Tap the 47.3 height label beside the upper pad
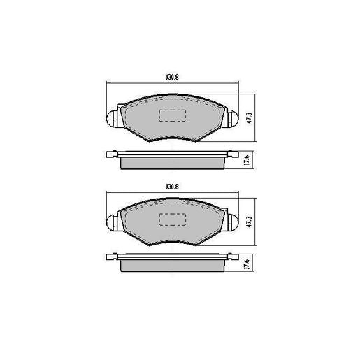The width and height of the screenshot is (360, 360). point(250,117)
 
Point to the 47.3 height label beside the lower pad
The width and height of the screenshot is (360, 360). point(250,223)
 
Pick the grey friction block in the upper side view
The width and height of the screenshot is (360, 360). point(172,163)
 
